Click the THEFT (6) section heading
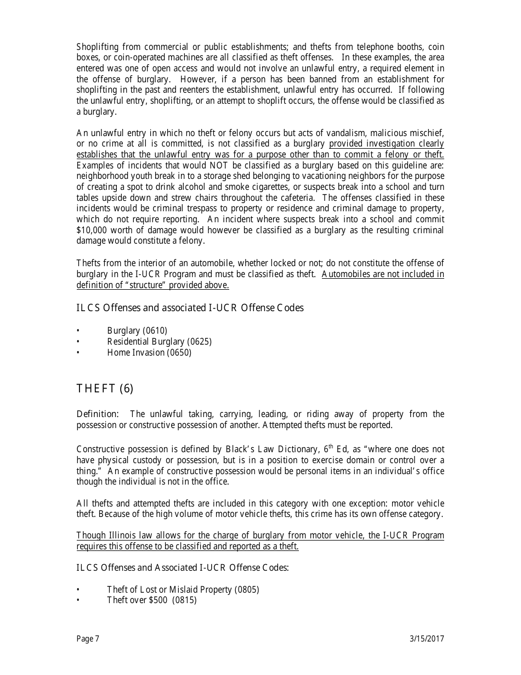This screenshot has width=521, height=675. [105, 389]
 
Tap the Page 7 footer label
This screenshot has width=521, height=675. [88, 638]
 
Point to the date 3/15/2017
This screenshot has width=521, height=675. [427, 638]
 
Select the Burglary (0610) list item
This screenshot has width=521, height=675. [137, 330]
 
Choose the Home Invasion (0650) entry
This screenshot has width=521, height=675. [149, 352]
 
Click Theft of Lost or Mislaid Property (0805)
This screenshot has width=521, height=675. [183, 589]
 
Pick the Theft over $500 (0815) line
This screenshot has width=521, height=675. [151, 600]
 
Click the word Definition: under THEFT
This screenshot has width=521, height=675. [97, 414]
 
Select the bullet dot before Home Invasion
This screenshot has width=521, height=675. [78, 353]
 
